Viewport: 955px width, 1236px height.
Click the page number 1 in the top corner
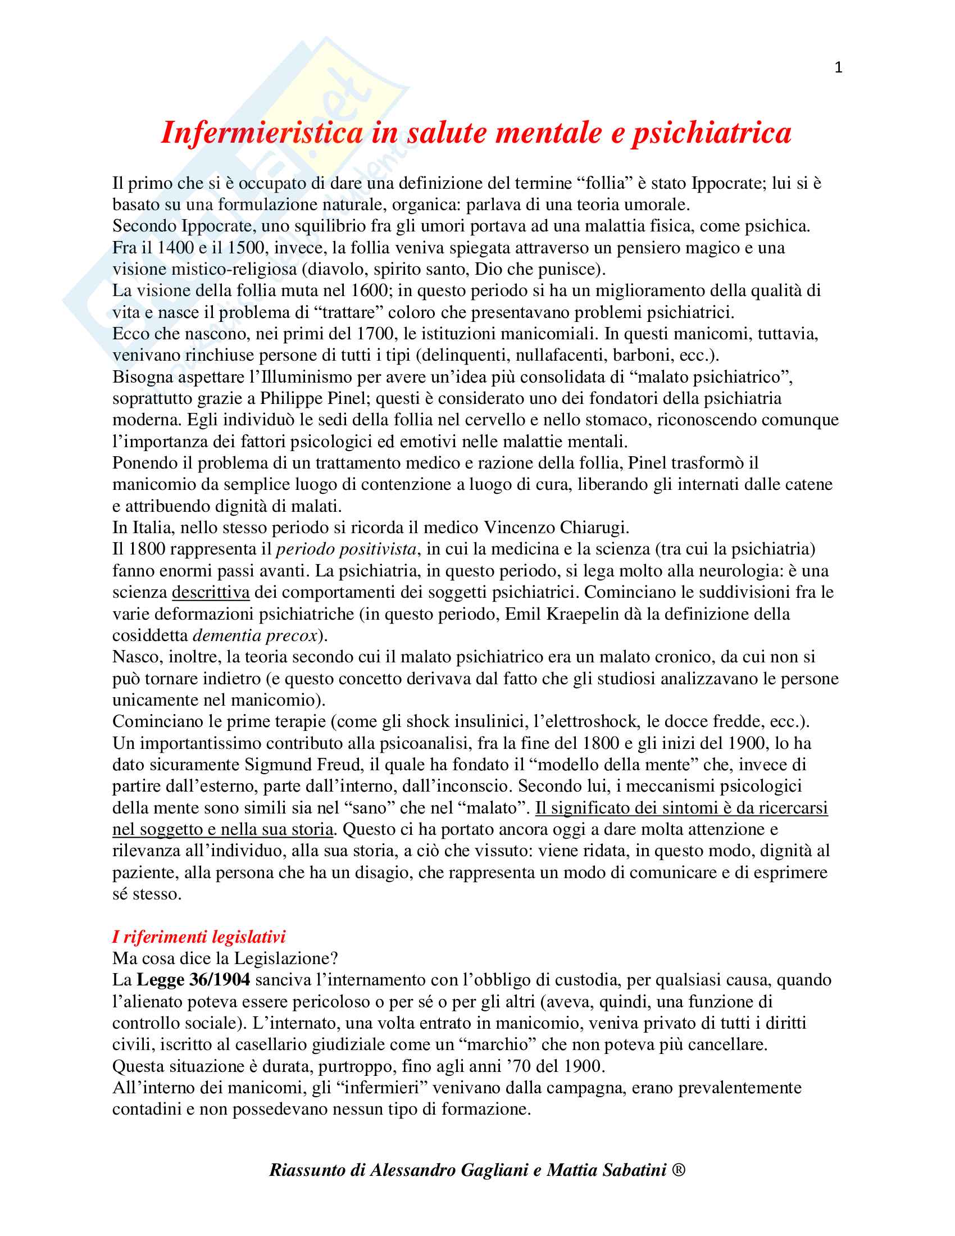click(x=838, y=68)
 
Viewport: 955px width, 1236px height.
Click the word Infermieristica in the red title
click(x=262, y=133)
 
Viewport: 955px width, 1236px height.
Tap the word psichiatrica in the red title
click(x=711, y=133)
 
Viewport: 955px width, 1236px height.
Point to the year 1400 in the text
click(x=175, y=248)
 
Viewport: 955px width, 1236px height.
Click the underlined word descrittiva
click(x=211, y=592)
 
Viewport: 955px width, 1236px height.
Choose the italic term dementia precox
click(x=254, y=635)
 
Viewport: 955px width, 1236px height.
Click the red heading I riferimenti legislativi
click(x=198, y=937)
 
